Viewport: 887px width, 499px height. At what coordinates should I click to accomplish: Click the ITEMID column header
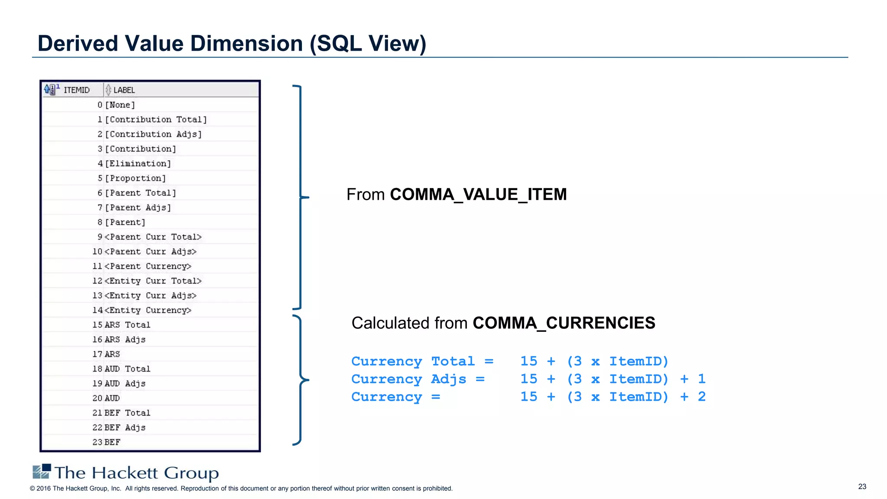coord(77,90)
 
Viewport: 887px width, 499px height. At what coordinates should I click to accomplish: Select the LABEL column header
coord(124,90)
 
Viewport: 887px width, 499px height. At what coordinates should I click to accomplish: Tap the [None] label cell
coord(120,105)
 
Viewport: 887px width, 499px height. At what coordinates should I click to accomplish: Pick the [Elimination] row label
coord(138,164)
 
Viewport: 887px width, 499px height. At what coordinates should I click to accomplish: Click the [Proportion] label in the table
coord(136,178)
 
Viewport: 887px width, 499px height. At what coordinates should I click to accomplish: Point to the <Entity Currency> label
coord(148,310)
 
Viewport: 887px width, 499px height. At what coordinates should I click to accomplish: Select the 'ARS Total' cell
coord(127,325)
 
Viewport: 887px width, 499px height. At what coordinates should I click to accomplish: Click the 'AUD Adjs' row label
coord(125,383)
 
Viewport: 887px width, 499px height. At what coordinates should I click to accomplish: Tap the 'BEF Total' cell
coord(127,413)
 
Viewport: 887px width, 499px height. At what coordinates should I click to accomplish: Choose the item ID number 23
coord(97,442)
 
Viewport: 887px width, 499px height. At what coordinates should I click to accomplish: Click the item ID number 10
coord(97,252)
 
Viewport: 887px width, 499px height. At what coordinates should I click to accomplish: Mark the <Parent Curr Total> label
coord(153,237)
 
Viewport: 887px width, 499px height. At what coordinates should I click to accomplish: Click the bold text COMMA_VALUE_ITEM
coord(478,194)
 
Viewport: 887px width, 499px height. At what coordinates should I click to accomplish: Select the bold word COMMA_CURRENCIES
coord(564,323)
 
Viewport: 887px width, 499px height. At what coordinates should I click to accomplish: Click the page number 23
coord(862,486)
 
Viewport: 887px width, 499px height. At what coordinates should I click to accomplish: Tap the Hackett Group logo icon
coord(42,471)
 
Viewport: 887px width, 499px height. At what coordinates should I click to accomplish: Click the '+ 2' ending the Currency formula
coord(693,397)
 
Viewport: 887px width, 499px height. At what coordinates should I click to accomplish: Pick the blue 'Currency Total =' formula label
coord(422,361)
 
